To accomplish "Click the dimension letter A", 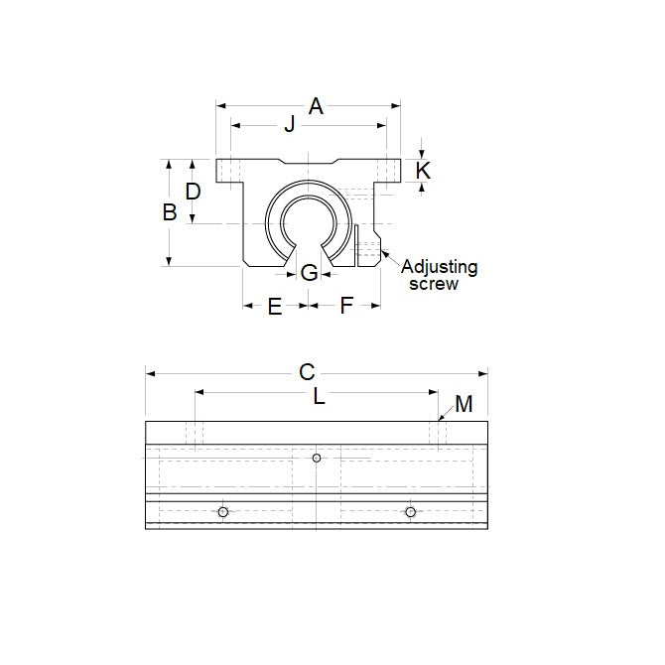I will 316,105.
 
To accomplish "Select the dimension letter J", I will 290,125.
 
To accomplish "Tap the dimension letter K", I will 423,171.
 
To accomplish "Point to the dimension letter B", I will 170,211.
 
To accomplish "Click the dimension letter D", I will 194,191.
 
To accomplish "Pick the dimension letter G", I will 309,273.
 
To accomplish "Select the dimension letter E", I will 275,306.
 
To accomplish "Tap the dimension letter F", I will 346,306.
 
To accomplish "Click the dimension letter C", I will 307,372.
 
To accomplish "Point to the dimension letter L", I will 319,397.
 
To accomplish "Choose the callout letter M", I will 465,404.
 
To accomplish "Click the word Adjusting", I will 439,267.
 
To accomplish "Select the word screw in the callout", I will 435,284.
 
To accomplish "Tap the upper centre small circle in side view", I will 317,458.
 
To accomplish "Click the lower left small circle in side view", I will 223,511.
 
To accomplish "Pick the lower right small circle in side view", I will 410,511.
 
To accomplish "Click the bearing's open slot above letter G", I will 309,248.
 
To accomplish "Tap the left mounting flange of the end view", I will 230,171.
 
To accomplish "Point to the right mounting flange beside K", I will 389,171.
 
